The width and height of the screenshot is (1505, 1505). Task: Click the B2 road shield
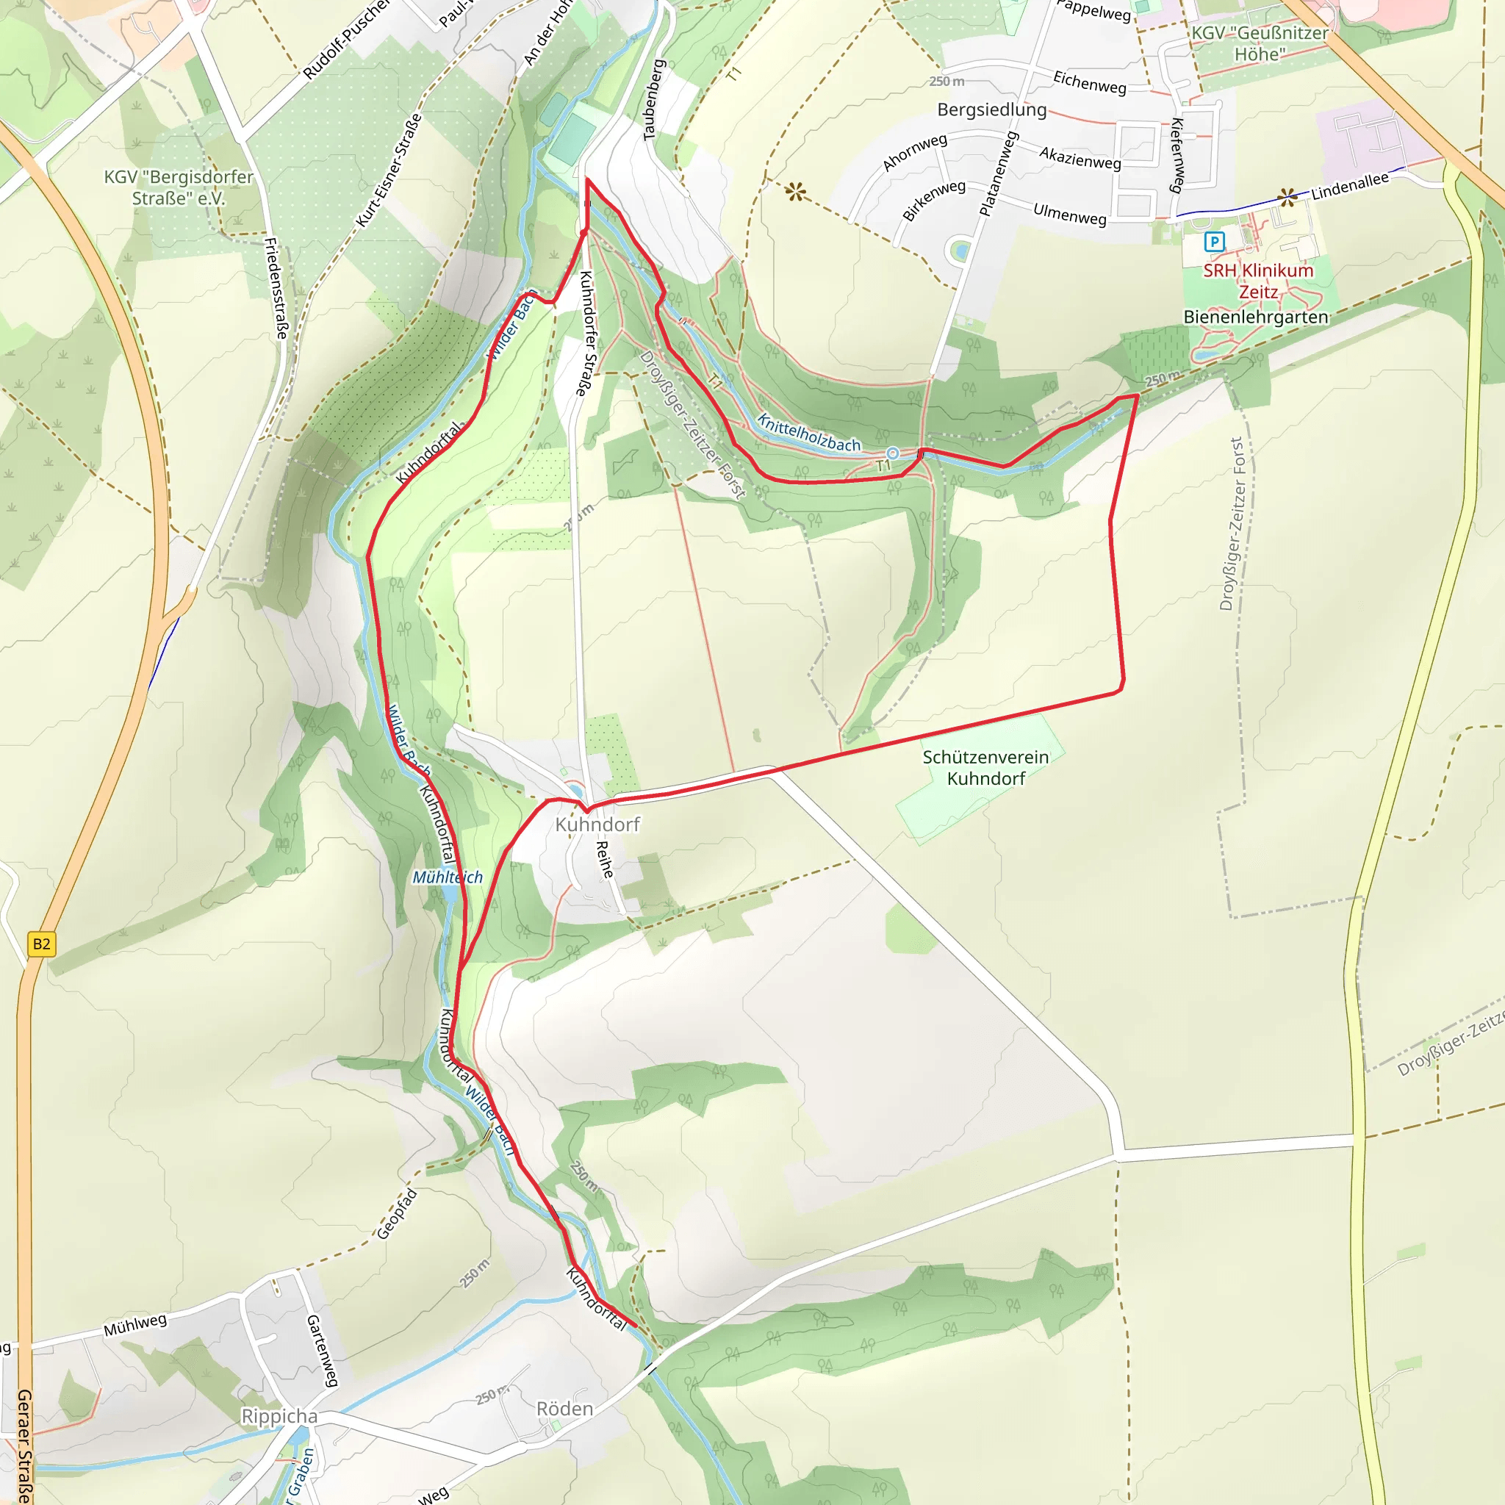coord(41,945)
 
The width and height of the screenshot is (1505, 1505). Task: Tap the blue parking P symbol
coord(1214,242)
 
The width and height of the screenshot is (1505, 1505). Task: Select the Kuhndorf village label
coord(597,825)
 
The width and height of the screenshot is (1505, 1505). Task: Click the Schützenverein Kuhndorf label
coord(985,767)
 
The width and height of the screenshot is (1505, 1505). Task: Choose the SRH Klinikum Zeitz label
coord(1258,281)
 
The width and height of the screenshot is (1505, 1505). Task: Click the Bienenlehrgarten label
coord(1256,317)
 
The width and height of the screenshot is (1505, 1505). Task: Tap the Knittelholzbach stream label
coord(808,434)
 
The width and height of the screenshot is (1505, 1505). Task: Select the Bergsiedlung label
coord(991,109)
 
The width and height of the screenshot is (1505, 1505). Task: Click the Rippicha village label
coord(280,1416)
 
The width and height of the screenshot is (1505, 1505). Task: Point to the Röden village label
coord(565,1409)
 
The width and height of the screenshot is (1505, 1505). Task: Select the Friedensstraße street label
coord(276,287)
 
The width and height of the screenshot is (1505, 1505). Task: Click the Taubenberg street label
coord(653,100)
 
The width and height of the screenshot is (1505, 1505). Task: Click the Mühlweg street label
coord(135,1324)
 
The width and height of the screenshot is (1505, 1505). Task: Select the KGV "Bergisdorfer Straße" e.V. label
coord(179,187)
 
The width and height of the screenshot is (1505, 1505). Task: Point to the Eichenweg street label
coord(1089,82)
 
